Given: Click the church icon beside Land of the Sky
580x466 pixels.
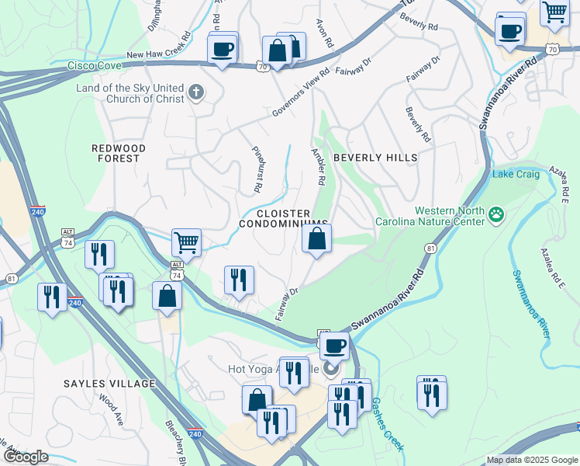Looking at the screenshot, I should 196,93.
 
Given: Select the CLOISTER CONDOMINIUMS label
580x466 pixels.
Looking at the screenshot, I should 283,218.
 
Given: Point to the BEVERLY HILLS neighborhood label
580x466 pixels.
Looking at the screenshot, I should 375,158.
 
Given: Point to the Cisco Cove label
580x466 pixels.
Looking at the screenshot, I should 95,67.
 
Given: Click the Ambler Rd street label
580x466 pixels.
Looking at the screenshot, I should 318,166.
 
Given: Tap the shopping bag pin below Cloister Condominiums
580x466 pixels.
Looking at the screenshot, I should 317,238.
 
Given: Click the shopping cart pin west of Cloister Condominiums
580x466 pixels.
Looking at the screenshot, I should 186,243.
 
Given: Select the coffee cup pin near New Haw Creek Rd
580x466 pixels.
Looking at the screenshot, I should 223,50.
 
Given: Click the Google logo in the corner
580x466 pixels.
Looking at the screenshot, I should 26,457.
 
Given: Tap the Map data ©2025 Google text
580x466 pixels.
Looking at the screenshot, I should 531,460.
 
